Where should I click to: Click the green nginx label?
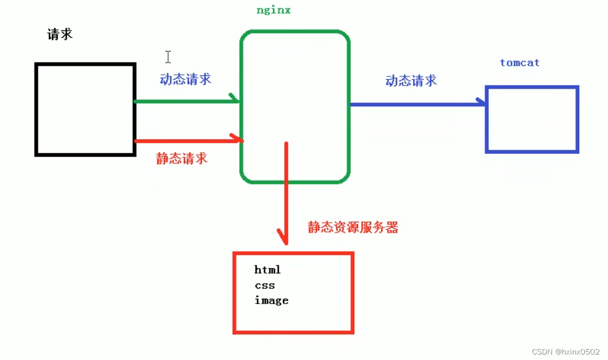point(273,10)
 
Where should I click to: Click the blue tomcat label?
point(520,63)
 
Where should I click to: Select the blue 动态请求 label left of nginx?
point(185,80)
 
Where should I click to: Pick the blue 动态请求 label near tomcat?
point(411,81)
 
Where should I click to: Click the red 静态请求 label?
point(182,159)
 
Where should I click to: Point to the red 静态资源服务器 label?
point(353,228)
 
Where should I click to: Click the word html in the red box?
point(267,270)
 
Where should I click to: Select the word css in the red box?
point(265,285)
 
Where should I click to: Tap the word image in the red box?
point(271,300)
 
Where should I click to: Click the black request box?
point(85,110)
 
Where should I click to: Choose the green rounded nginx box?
point(295,107)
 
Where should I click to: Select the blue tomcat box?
point(532,119)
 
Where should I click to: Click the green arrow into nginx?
point(184,101)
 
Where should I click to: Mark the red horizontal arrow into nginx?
point(184,141)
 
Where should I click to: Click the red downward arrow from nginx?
point(286,190)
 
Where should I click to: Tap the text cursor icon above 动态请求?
point(168,56)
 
